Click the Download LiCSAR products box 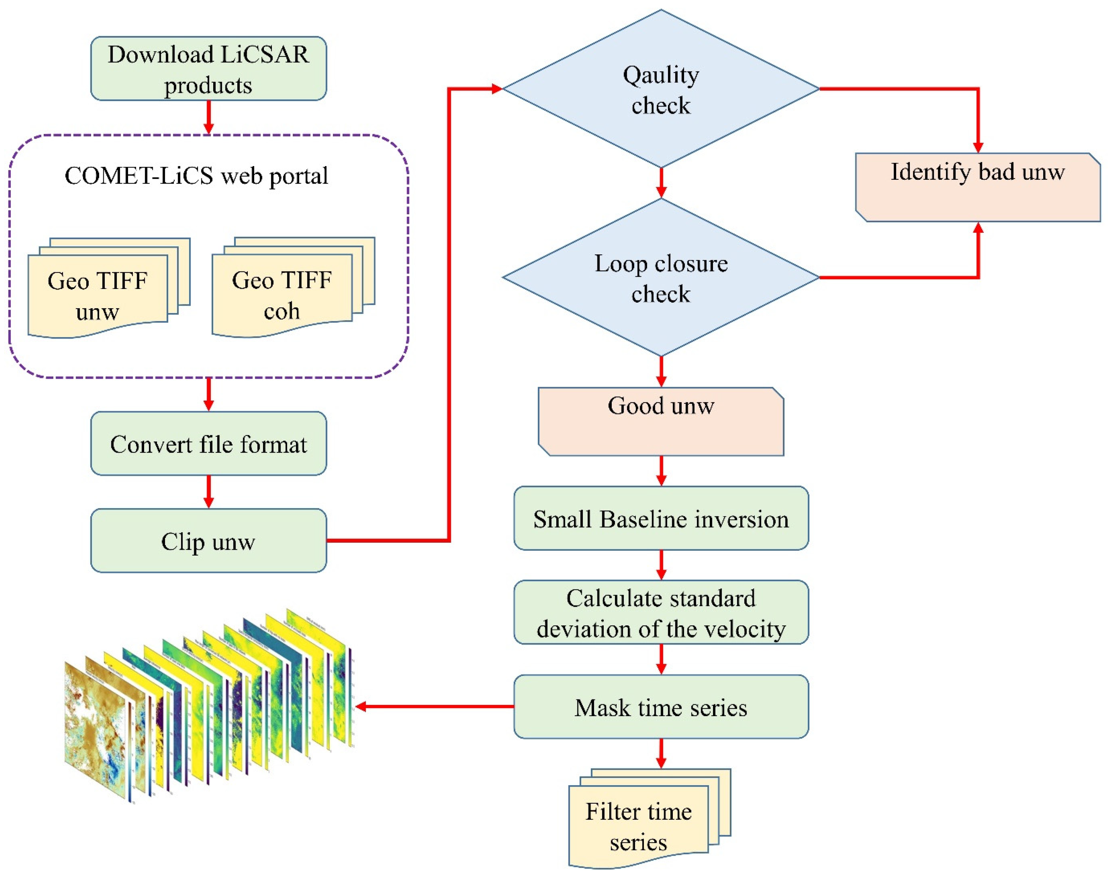coord(208,68)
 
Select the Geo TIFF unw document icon coord(98,295)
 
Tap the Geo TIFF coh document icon coord(282,295)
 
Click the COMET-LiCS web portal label coord(196,176)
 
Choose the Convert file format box coord(208,444)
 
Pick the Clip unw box coord(208,541)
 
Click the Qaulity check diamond coord(661,89)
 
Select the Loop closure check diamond coord(661,278)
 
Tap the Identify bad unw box coord(977,187)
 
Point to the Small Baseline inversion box coord(661,519)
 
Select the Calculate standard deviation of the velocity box coord(661,612)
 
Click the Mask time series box coord(661,707)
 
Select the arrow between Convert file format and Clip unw coord(208,491)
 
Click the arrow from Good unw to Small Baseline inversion coord(661,470)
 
